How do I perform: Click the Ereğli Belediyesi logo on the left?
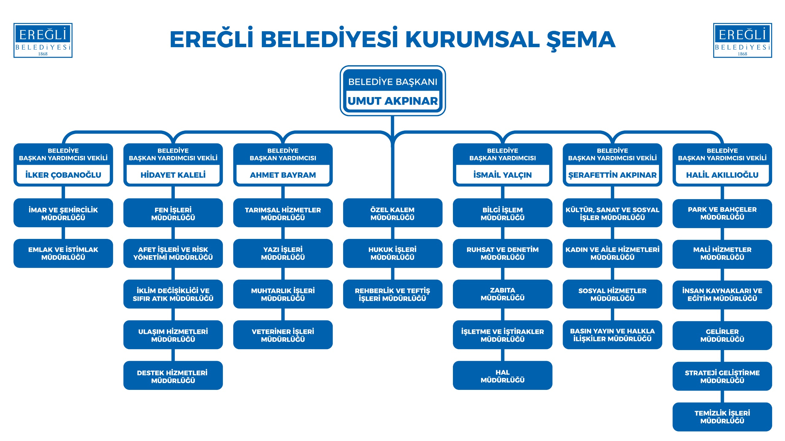click(x=43, y=40)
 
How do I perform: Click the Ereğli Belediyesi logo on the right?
click(x=742, y=40)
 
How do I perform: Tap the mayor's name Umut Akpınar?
click(x=392, y=101)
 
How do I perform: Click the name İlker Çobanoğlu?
click(x=63, y=175)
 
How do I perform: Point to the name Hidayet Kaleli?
click(x=173, y=175)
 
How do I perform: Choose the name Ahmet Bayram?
click(x=283, y=175)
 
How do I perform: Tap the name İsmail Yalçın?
click(x=502, y=175)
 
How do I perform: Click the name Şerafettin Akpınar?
click(x=612, y=175)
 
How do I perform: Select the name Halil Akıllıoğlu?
click(x=722, y=175)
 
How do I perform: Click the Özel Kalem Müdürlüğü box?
click(x=392, y=213)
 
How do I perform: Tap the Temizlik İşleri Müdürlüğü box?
click(x=722, y=417)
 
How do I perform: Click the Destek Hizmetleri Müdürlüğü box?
click(x=173, y=376)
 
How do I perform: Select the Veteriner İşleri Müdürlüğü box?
click(x=283, y=335)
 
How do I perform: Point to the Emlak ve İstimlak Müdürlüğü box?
click(x=63, y=253)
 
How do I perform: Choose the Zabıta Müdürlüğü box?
click(x=502, y=294)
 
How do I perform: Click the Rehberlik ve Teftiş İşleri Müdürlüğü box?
click(x=392, y=294)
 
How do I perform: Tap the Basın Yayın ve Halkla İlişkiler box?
click(x=612, y=335)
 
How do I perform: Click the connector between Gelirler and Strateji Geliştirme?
click(x=722, y=356)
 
